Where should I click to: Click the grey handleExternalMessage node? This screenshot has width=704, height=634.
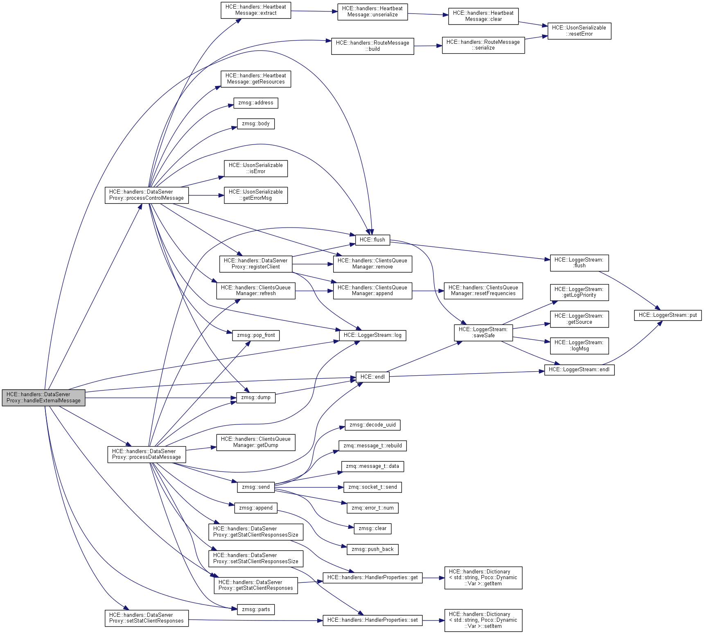click(43, 397)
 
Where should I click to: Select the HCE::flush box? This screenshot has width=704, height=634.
click(372, 240)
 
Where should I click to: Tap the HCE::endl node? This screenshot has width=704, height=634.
click(372, 377)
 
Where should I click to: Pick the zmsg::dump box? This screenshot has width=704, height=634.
click(255, 397)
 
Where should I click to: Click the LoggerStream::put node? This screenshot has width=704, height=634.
click(668, 315)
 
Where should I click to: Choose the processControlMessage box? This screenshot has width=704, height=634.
click(147, 195)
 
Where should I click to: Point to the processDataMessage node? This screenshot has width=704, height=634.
click(147, 454)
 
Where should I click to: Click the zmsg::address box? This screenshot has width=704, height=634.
click(255, 103)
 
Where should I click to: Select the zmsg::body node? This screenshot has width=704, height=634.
click(255, 124)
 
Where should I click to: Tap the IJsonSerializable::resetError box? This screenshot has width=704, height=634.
click(579, 31)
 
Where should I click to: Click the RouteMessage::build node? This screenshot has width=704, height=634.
click(372, 46)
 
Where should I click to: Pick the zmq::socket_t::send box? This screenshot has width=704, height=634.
click(372, 487)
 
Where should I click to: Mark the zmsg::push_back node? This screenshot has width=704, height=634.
click(372, 549)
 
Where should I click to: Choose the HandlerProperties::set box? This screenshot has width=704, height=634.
click(372, 620)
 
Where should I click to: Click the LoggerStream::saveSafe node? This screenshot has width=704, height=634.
click(483, 332)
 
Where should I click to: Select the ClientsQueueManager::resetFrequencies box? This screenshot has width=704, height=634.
click(483, 291)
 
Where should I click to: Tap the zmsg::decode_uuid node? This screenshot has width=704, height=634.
click(372, 425)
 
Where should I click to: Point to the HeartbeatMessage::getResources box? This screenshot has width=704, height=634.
click(255, 79)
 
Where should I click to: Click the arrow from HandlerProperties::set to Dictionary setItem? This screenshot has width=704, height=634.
click(433, 620)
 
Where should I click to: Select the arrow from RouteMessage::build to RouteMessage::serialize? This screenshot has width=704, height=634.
click(428, 46)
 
